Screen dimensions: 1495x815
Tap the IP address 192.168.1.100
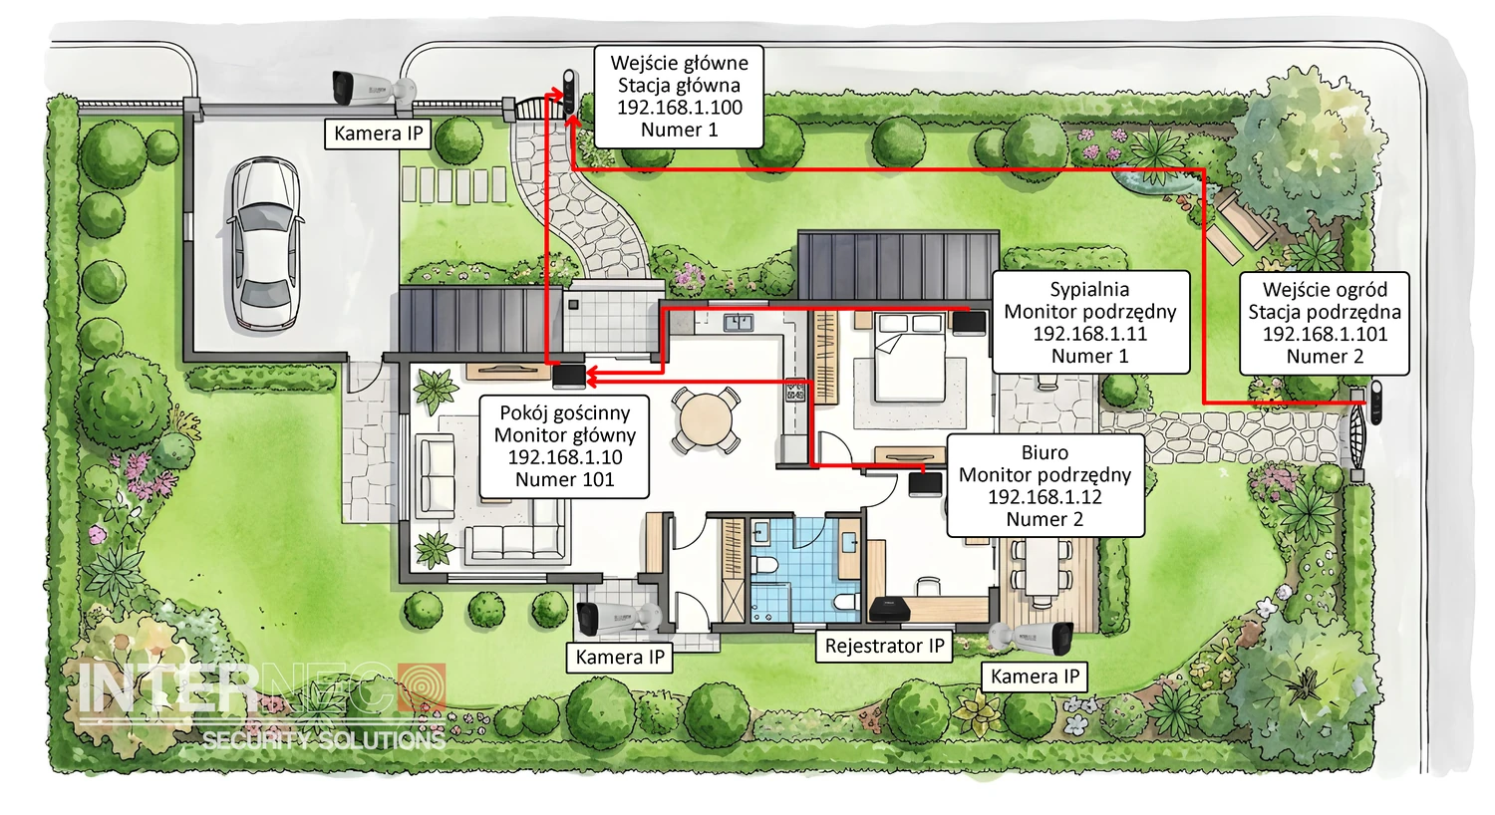click(679, 108)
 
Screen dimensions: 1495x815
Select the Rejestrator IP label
click(884, 646)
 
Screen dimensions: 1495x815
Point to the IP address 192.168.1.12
click(1045, 497)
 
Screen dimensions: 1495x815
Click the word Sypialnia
click(1090, 290)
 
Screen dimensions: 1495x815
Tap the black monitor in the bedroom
click(969, 324)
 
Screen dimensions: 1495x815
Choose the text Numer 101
click(565, 479)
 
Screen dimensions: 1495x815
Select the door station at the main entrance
click(570, 94)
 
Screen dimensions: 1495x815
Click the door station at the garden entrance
click(1374, 402)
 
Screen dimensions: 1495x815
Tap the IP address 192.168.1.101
click(1325, 334)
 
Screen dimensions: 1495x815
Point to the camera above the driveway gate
click(373, 88)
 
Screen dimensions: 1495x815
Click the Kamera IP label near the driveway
click(379, 134)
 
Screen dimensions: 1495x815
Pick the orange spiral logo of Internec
click(422, 686)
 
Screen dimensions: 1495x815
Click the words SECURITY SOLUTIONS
click(324, 740)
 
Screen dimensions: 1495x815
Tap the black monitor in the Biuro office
click(926, 484)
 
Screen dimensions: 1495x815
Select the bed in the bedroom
click(910, 358)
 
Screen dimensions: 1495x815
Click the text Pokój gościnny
click(565, 412)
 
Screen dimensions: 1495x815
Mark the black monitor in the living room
click(569, 377)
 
